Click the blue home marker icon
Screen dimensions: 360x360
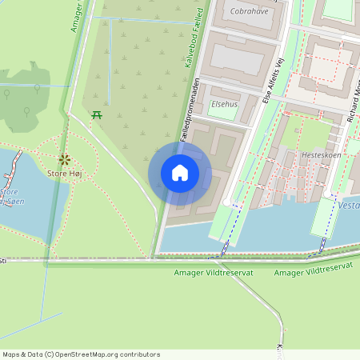tap(180, 173)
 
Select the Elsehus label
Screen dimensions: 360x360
tap(224, 104)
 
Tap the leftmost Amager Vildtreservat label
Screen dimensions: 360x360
tap(213, 273)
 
